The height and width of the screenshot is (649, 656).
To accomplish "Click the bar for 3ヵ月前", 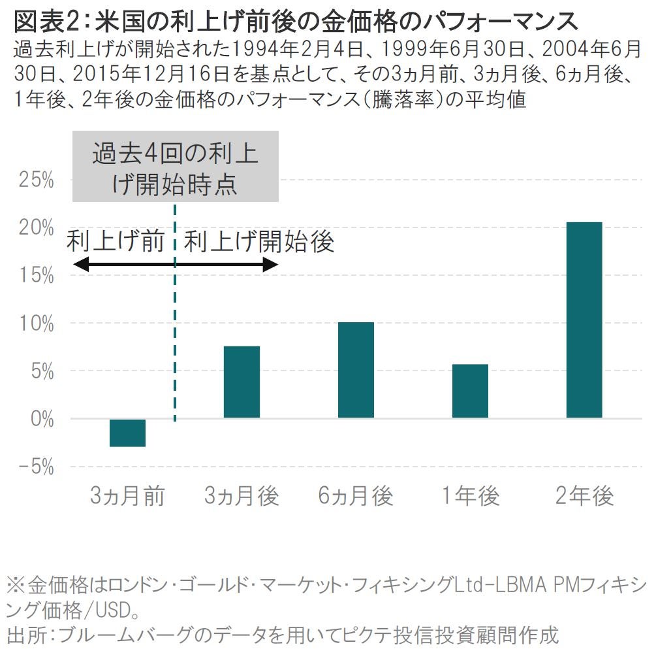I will [x=127, y=433].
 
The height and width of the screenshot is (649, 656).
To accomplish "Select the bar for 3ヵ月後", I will [x=242, y=382].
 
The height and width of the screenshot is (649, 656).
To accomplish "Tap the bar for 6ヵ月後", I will [x=356, y=370].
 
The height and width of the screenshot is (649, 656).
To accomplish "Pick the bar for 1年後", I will [x=470, y=391].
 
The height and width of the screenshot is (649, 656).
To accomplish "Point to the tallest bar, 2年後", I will [x=584, y=320].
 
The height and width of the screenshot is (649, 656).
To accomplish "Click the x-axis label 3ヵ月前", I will [x=127, y=497].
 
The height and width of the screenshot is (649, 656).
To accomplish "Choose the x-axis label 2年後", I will [x=584, y=497].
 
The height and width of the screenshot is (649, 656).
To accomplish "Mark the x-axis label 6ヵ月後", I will [x=356, y=497].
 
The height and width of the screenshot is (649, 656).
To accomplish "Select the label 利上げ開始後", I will [x=259, y=241].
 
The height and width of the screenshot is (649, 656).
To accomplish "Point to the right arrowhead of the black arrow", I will [x=272, y=265].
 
